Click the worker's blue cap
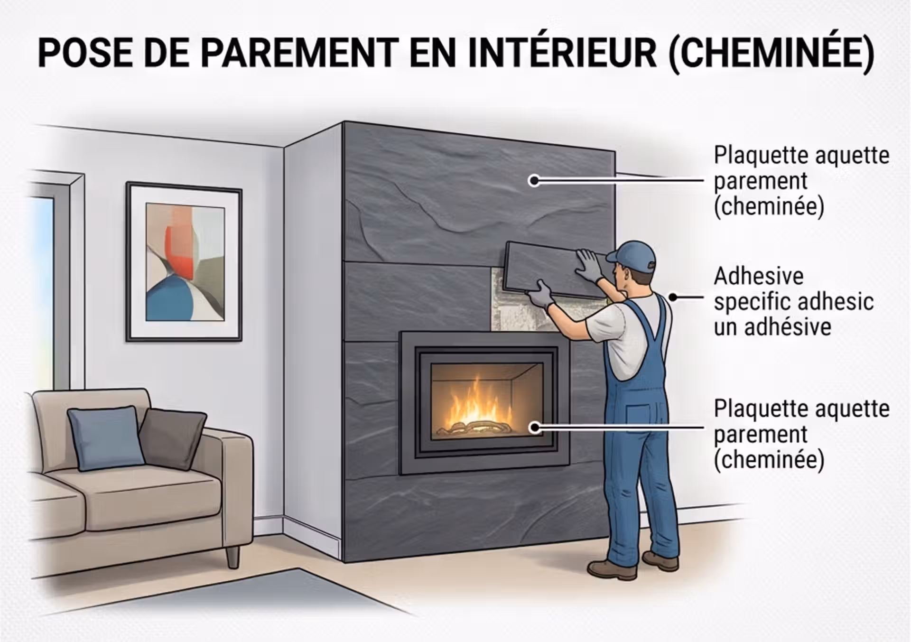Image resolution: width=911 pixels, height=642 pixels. point(631,257)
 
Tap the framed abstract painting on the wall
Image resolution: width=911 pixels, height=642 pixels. point(184,261)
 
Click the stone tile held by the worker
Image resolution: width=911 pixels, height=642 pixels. point(553,269)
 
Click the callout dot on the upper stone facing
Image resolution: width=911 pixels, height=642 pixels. point(534,180)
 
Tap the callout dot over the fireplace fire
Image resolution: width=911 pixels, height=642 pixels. point(535,428)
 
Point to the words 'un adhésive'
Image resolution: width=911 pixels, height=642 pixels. point(772,327)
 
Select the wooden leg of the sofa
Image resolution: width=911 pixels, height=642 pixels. point(232,557)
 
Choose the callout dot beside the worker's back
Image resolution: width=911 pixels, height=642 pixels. point(673,298)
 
